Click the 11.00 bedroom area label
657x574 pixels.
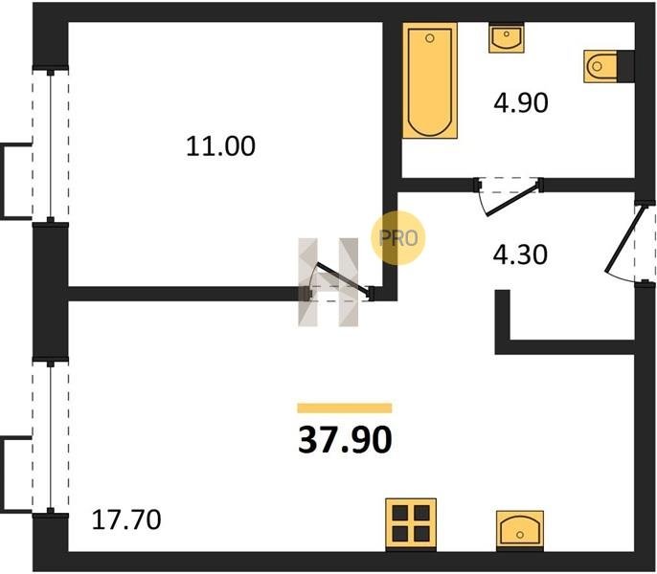(220, 146)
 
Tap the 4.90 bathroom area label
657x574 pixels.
(520, 103)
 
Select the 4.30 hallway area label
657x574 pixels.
(520, 254)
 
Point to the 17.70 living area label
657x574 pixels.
(126, 520)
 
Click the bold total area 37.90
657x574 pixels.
(345, 440)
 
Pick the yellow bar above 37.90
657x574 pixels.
(345, 408)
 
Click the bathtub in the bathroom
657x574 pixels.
(430, 80)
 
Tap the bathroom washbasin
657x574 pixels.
(506, 38)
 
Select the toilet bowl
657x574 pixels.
(600, 67)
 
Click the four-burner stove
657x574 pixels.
(411, 523)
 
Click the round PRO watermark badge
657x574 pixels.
(397, 238)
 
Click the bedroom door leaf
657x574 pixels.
(344, 279)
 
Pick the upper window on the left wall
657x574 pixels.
(51, 146)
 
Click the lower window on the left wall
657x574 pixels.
(51, 437)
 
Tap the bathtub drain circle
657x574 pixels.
(429, 38)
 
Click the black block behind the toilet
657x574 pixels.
(625, 67)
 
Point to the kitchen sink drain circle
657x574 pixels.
(520, 535)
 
